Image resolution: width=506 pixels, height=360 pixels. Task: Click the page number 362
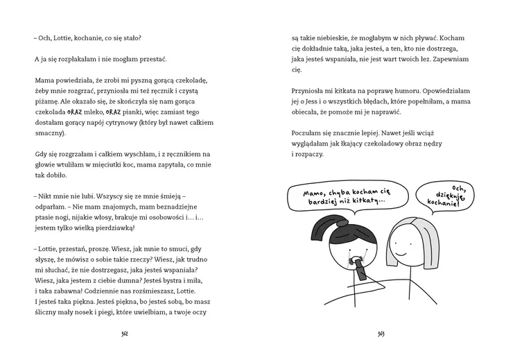click(125, 333)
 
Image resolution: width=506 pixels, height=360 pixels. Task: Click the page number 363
click(381, 333)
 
